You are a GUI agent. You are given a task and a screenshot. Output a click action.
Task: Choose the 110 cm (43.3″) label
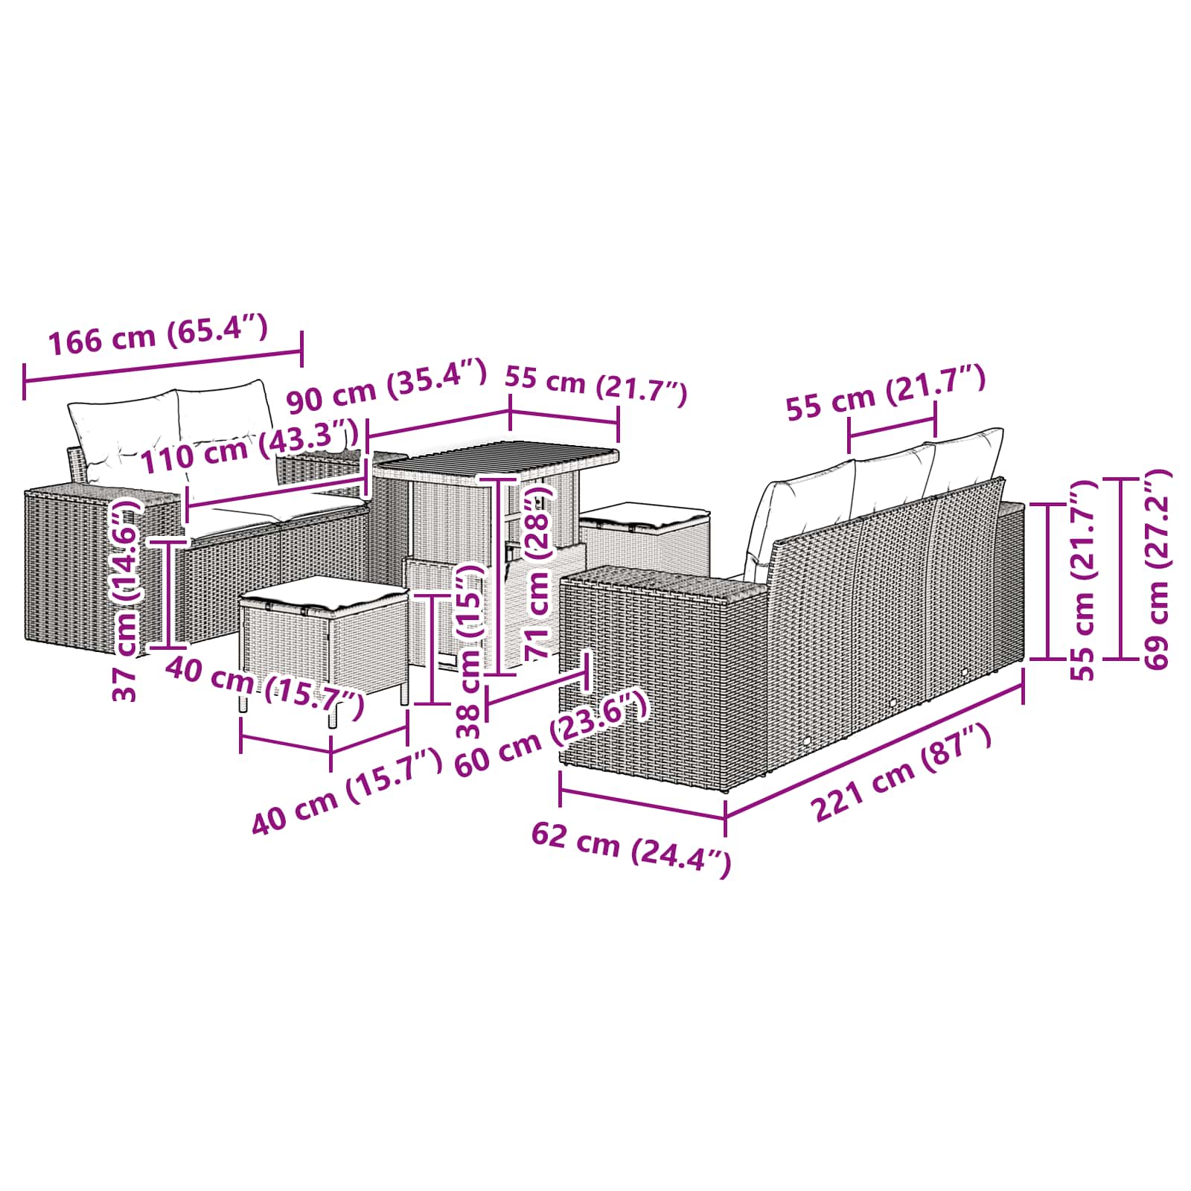click(x=250, y=447)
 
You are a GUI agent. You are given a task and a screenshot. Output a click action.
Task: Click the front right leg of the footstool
click(x=333, y=715)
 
